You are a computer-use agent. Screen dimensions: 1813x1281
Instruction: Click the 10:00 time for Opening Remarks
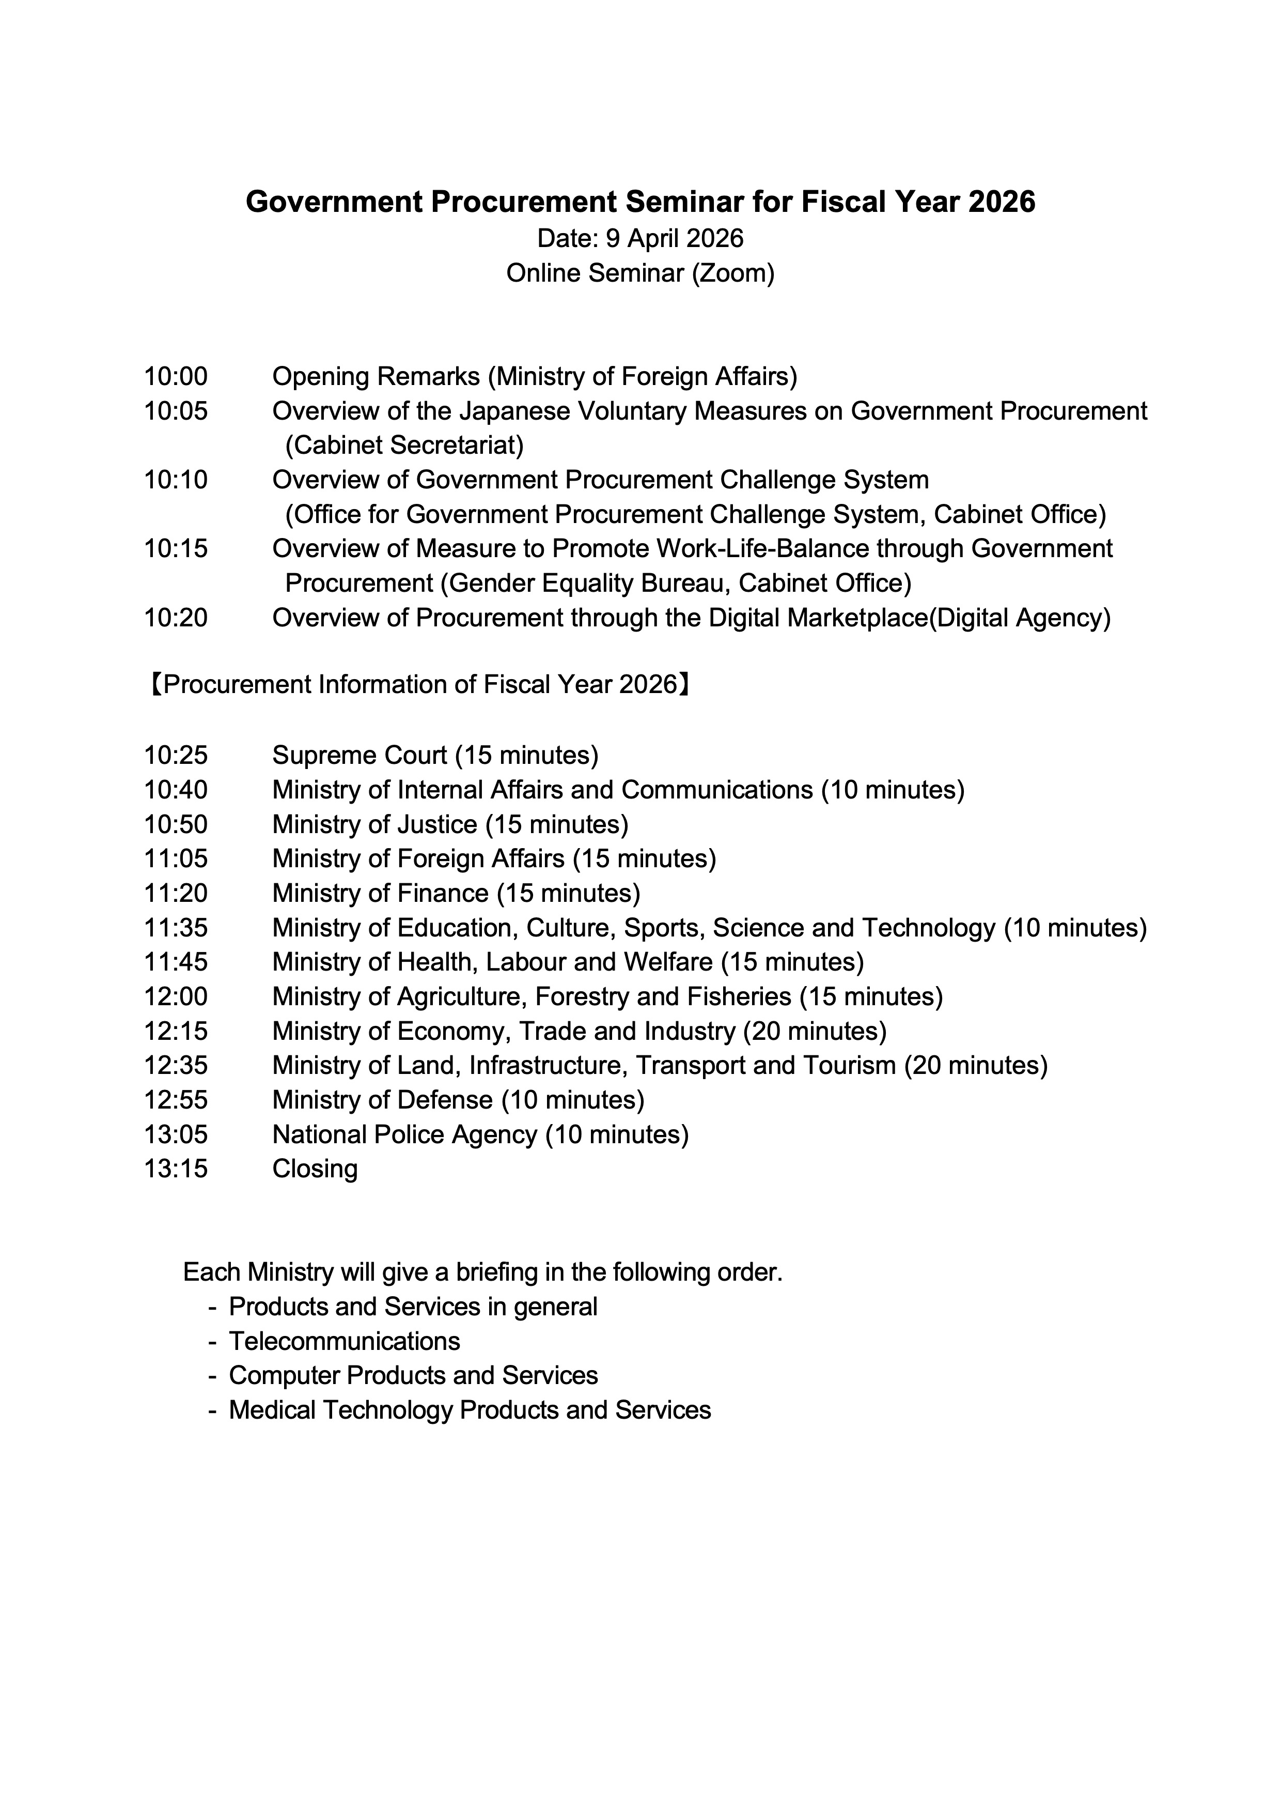(x=175, y=377)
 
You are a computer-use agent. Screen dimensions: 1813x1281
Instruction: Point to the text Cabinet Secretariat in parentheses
(x=404, y=446)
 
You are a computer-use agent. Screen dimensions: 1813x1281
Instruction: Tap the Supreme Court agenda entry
(x=435, y=756)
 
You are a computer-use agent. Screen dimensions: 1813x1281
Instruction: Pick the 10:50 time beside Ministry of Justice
(x=175, y=824)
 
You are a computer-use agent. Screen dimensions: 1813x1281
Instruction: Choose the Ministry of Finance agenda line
(x=456, y=893)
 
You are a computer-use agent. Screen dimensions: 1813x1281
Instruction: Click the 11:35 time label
(x=175, y=928)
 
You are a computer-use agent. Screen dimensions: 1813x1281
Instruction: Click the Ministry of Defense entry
(x=458, y=1100)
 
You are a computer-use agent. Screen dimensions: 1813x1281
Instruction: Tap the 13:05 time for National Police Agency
(x=175, y=1135)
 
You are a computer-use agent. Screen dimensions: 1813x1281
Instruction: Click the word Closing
(x=315, y=1169)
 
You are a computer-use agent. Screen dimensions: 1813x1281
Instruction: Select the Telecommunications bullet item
(x=344, y=1342)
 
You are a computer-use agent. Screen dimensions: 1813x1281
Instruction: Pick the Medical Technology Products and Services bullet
(x=470, y=1410)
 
